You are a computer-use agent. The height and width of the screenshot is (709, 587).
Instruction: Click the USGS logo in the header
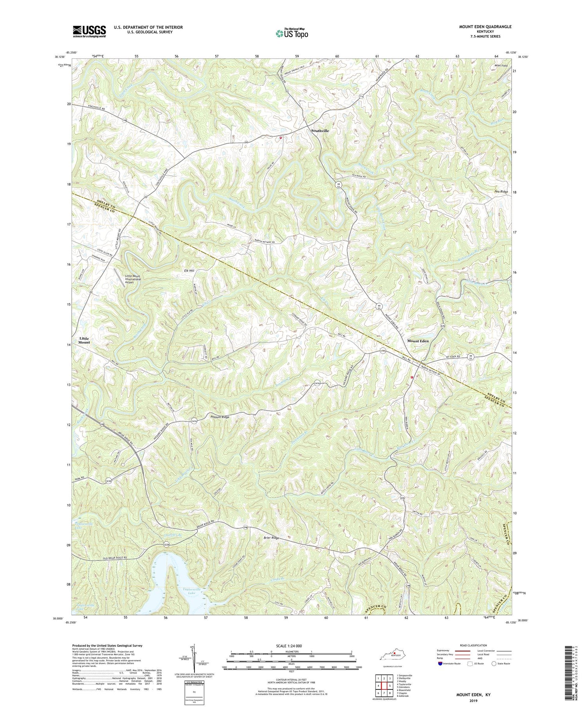[x=89, y=31]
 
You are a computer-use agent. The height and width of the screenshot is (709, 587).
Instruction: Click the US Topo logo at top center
[x=292, y=33]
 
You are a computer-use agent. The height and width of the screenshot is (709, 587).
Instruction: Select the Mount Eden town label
[x=418, y=341]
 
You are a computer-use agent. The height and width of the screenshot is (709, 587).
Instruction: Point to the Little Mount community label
[x=84, y=340]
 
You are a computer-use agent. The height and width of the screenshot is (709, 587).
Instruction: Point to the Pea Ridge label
[x=501, y=192]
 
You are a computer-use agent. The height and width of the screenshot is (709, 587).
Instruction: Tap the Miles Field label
[x=501, y=66]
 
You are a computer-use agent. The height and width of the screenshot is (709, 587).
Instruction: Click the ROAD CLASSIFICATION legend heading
[x=471, y=645]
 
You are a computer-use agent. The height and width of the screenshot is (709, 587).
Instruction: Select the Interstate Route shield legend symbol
[x=440, y=664]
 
